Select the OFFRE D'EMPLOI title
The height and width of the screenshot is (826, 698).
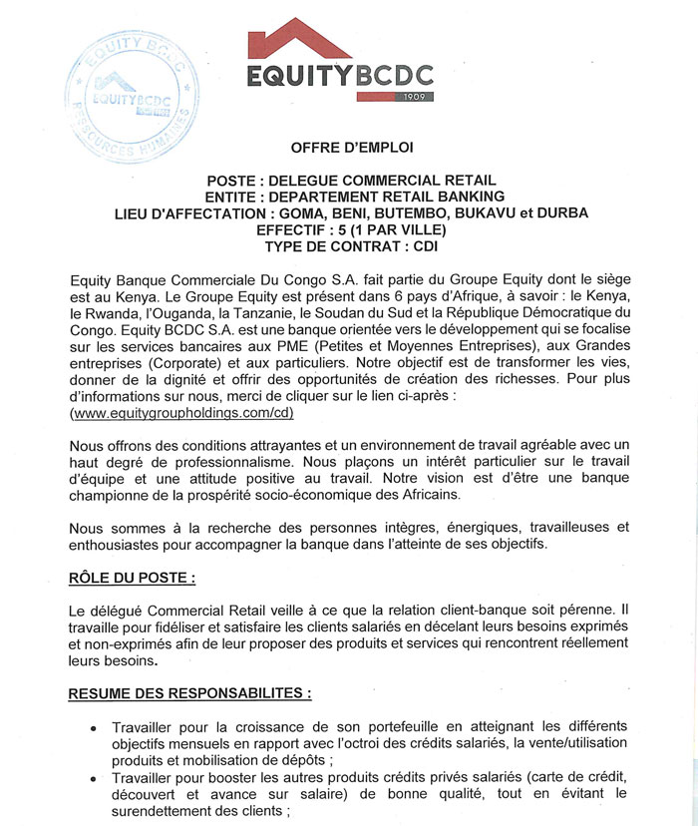[x=352, y=148]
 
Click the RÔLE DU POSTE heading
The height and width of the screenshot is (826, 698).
[x=132, y=578]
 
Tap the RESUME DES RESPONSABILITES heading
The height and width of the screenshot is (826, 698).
[x=189, y=691]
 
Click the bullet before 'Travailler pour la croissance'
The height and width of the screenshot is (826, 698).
[x=94, y=728]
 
